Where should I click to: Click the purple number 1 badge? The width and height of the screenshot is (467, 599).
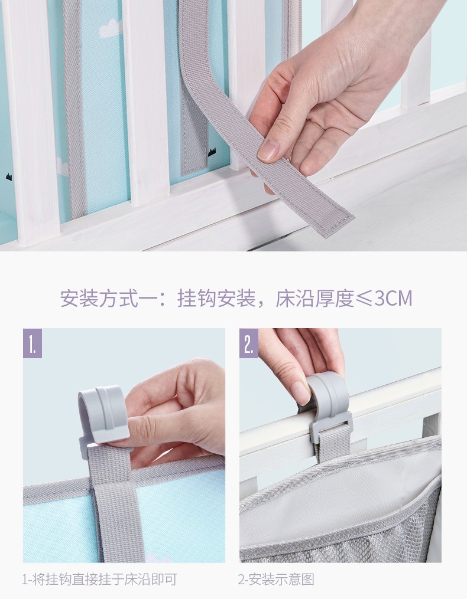click(33, 343)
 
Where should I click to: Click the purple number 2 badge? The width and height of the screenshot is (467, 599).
click(249, 343)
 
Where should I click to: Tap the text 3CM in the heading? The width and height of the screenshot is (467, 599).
click(393, 299)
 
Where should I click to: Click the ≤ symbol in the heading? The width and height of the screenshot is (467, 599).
click(364, 299)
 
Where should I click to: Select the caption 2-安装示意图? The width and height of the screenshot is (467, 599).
click(276, 579)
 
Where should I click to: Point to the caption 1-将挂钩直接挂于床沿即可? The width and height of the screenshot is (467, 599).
click(99, 579)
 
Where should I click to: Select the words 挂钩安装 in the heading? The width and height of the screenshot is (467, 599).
click(216, 299)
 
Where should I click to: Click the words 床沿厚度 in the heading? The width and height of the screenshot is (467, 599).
click(314, 299)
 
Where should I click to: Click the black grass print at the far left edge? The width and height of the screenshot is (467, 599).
click(8, 177)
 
